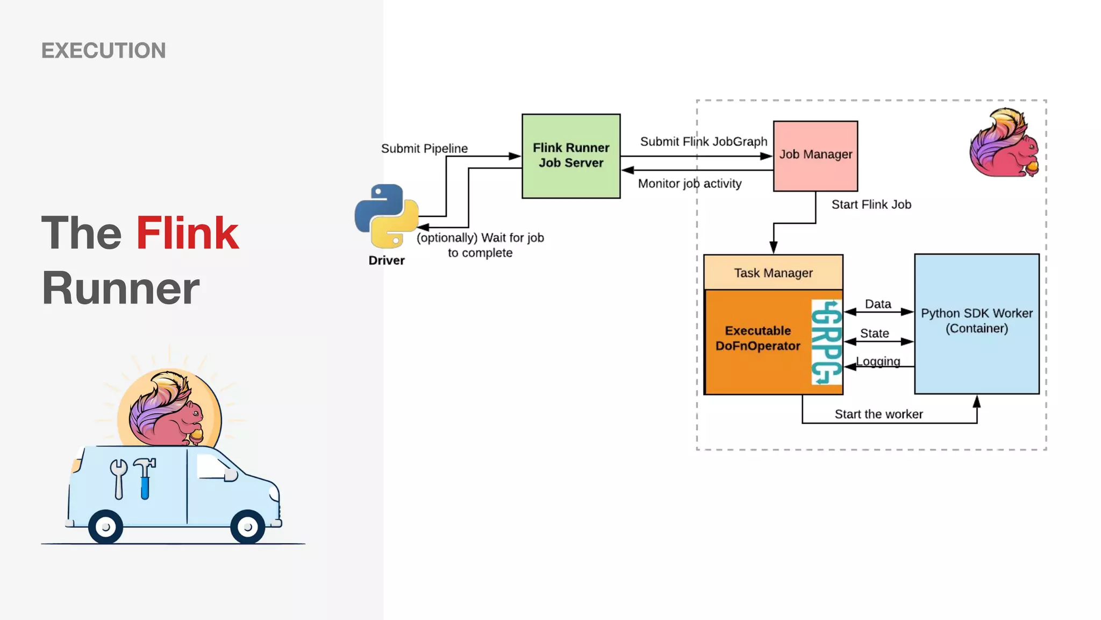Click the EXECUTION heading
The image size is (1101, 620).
coord(103,51)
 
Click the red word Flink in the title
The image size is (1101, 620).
coord(187,233)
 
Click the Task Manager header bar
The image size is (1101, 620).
coord(773,273)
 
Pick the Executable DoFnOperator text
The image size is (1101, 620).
coord(757,338)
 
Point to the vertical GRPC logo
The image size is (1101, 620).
coord(826,342)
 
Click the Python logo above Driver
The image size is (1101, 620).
coord(386,216)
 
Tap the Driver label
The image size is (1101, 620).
coord(386,260)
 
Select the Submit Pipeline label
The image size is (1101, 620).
coord(424,149)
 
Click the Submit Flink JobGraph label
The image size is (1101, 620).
coord(703,142)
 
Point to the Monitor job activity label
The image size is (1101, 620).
coord(689,184)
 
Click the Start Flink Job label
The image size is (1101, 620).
coord(871,205)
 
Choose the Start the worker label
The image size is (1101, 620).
coord(878,414)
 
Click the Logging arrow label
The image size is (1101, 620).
coord(878,361)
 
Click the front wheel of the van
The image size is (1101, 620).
coord(247,526)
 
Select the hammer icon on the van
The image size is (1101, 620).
coord(145,477)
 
